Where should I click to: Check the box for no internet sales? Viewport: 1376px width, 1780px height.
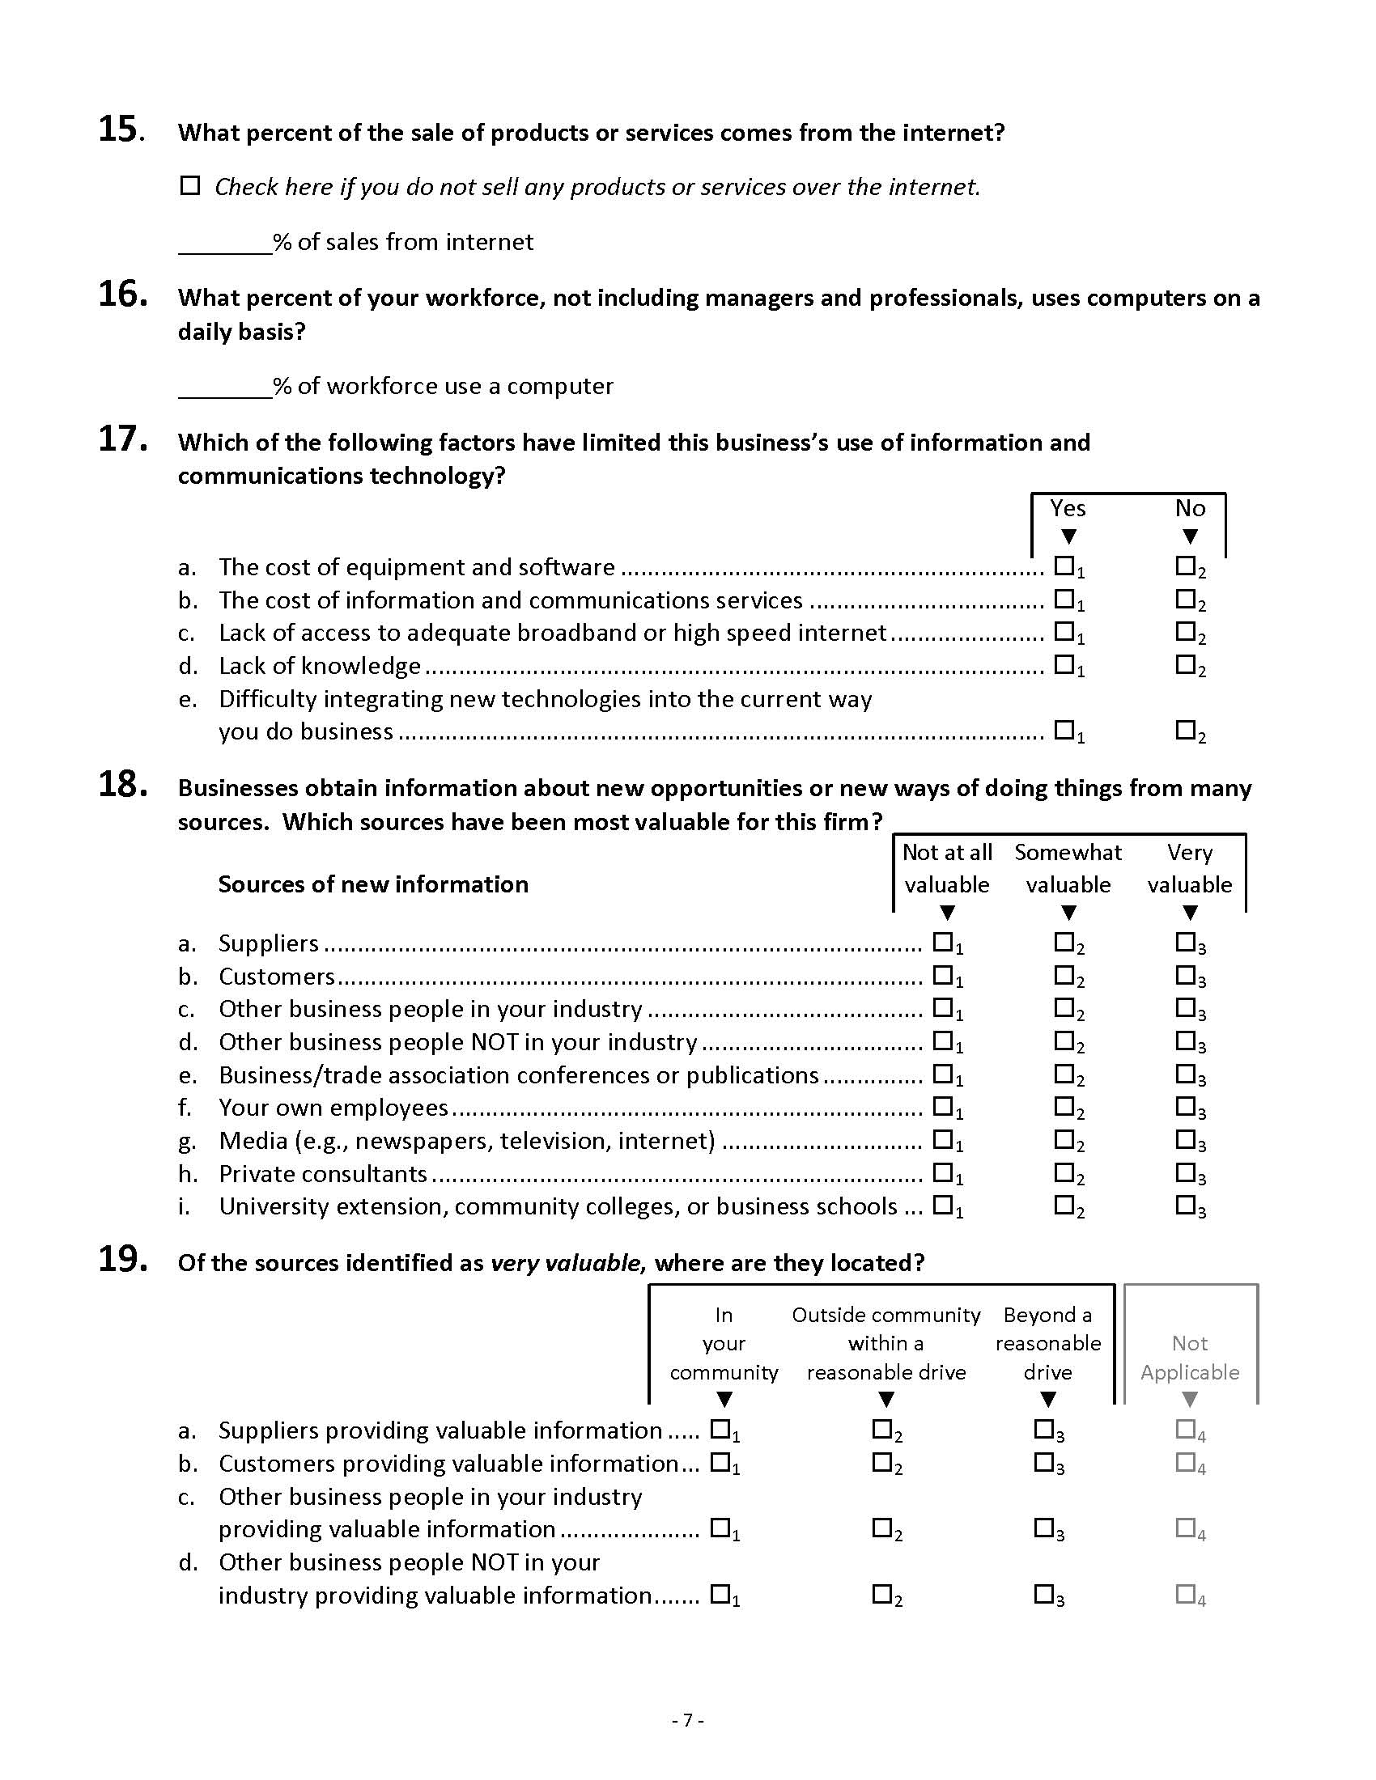coord(190,186)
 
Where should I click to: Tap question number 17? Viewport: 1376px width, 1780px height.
coord(122,439)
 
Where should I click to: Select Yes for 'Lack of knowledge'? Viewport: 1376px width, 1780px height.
coord(1064,664)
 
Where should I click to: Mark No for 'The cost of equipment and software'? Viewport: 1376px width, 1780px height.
coord(1185,566)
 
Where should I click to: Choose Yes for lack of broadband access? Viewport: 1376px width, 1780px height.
coord(1064,631)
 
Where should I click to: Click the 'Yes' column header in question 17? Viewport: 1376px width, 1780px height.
coord(1068,509)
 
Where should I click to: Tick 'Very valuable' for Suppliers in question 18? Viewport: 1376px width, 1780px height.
coord(1185,942)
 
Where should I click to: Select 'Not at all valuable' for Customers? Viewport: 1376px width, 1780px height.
coord(942,975)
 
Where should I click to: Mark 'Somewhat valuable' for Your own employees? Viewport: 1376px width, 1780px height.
coord(1064,1106)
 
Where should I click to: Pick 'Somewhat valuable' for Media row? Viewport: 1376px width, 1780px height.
coord(1064,1139)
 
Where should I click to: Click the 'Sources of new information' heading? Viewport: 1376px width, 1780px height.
coord(373,884)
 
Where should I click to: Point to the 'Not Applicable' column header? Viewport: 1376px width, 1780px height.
coord(1189,1358)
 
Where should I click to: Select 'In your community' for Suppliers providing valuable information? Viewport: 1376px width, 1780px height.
coord(720,1429)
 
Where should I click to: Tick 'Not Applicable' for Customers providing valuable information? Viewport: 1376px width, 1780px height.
coord(1185,1462)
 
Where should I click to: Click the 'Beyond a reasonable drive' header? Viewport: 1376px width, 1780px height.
coord(1048,1343)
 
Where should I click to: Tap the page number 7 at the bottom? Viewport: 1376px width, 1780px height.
coord(688,1719)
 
